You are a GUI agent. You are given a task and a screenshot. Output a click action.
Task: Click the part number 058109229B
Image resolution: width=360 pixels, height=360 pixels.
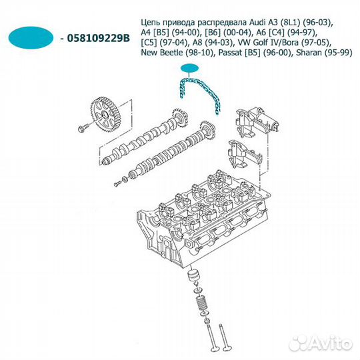(99, 38)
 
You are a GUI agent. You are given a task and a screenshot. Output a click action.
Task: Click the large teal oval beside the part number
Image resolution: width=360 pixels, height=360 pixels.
(31, 37)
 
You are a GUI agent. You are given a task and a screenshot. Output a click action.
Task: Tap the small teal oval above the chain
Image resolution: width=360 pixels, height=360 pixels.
(189, 68)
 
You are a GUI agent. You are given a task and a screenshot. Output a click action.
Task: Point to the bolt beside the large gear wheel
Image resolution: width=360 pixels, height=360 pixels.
(83, 127)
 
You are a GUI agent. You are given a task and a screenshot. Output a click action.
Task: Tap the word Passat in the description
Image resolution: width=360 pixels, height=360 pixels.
(230, 53)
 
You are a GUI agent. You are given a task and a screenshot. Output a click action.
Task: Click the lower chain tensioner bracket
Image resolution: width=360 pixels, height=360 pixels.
(245, 154)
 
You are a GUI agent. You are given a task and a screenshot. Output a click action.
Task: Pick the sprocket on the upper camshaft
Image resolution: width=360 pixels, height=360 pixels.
(179, 119)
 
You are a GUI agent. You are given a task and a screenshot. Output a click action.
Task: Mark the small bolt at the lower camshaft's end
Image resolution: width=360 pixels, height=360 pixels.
(117, 183)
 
